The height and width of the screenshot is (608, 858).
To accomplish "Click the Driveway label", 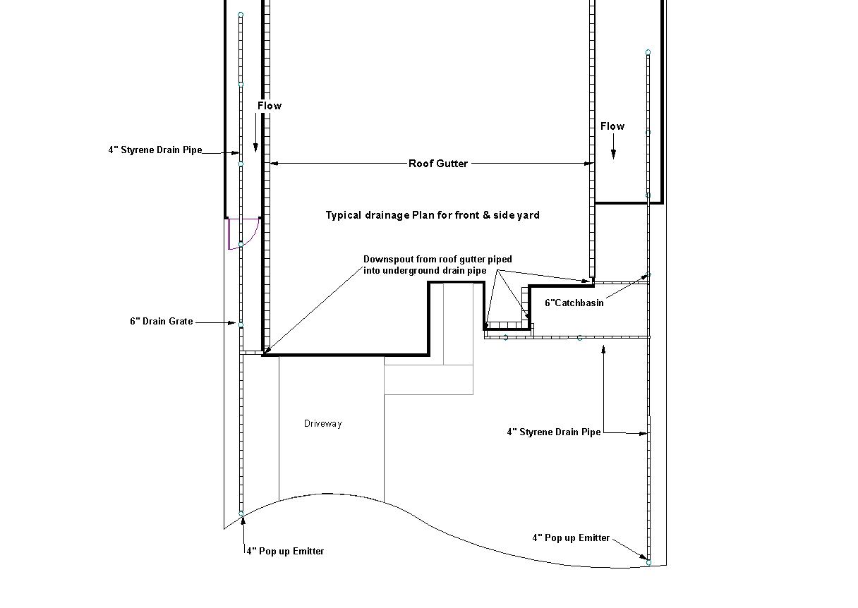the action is [322, 423].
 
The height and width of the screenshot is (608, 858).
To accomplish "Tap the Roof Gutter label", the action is [437, 164].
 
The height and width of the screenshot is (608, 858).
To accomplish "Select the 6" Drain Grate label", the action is [162, 321].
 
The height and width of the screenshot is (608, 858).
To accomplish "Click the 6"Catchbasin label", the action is [574, 303].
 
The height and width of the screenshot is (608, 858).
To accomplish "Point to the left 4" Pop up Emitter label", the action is [285, 552].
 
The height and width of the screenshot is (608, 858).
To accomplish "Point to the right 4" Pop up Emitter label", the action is [571, 538].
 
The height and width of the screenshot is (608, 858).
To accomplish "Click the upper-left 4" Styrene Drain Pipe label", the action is [155, 150].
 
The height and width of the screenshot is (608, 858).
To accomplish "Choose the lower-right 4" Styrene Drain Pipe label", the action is [554, 432].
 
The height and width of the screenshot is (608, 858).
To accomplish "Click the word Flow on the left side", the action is [270, 106].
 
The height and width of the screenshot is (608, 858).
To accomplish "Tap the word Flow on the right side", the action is [612, 126].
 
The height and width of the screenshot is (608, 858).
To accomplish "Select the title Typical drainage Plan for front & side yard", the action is [433, 215].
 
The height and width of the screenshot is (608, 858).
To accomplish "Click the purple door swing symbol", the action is [243, 234].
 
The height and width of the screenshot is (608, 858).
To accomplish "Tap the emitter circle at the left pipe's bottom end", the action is [241, 513].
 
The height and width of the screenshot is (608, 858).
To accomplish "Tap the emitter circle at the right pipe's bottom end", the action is [648, 562].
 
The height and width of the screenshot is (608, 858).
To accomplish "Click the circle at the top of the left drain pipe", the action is [241, 15].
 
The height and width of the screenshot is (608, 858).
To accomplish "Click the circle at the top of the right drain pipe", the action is [648, 52].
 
